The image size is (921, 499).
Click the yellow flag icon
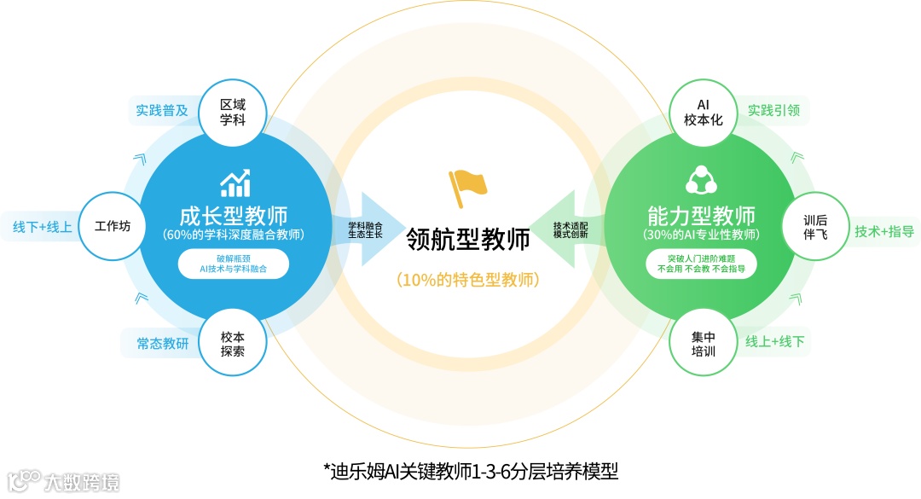pyautogui.click(x=467, y=187)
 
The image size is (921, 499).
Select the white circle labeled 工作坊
pyautogui.click(x=112, y=226)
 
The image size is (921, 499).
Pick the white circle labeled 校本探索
pyautogui.click(x=232, y=344)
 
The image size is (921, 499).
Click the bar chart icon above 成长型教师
pyautogui.click(x=235, y=182)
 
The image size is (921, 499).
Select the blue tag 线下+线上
pyautogui.click(x=42, y=227)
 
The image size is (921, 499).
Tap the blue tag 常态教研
pyautogui.click(x=162, y=344)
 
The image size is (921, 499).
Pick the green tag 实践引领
pyautogui.click(x=774, y=110)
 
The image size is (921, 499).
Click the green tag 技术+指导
pyautogui.click(x=884, y=231)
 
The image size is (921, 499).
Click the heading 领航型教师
pyautogui.click(x=468, y=240)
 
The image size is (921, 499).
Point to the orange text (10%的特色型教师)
pyautogui.click(x=468, y=279)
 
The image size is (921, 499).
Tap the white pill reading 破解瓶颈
pyautogui.click(x=233, y=264)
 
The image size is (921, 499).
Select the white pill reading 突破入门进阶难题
pyautogui.click(x=702, y=264)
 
